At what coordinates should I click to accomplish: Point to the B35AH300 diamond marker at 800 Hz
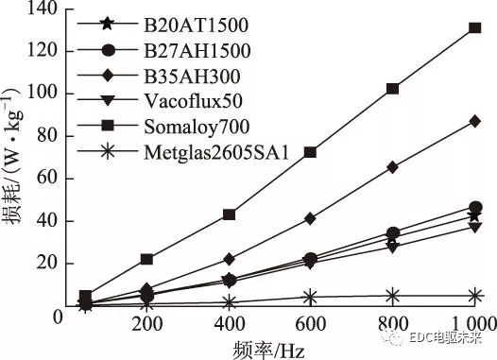392,167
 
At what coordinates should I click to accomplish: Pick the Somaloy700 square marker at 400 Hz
229,214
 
